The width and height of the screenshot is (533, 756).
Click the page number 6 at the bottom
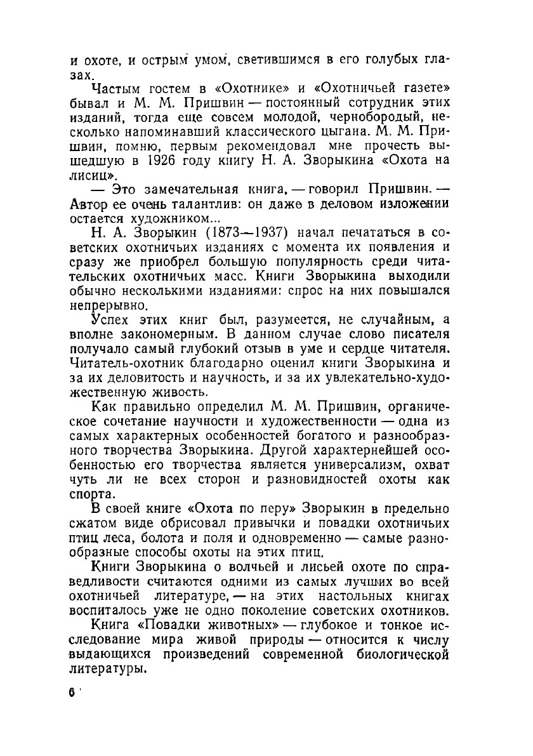click(x=72, y=693)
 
